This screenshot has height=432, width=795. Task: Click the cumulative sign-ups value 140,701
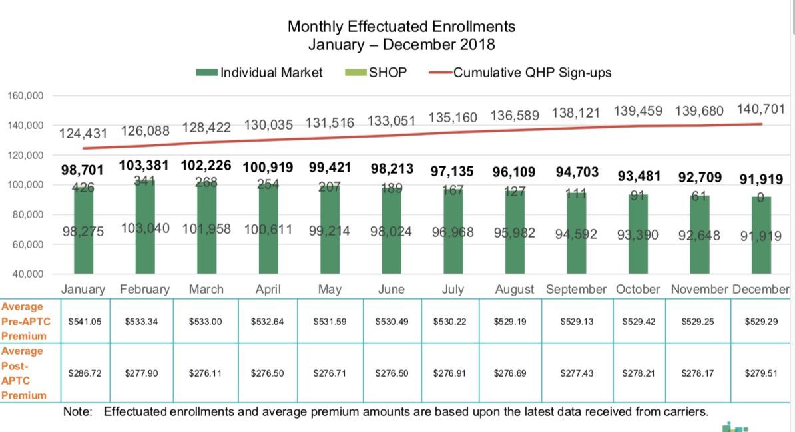[760, 109]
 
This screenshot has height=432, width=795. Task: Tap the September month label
[576, 290]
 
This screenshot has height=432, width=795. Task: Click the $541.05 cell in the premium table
[85, 322]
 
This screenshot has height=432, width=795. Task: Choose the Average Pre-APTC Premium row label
[23, 321]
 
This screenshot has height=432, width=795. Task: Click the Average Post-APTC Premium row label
[23, 373]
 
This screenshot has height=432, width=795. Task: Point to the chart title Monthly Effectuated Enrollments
[401, 27]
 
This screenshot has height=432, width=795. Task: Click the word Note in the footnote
[77, 412]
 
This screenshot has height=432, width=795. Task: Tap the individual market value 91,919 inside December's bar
[760, 236]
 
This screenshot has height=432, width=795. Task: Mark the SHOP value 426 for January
[83, 188]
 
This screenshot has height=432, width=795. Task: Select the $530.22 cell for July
[449, 322]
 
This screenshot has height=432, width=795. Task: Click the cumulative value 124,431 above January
[83, 133]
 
